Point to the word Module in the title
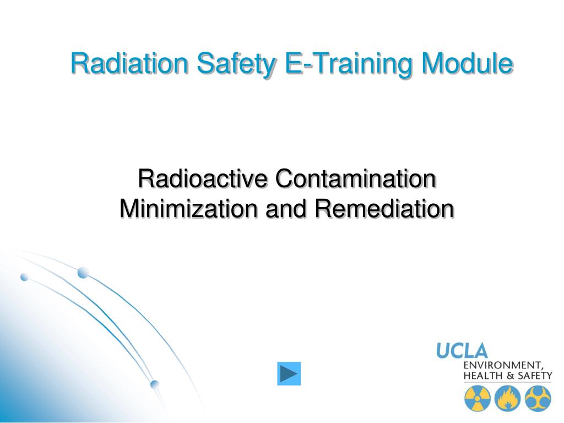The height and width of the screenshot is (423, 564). [467, 64]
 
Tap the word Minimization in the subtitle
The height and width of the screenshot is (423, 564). [189, 208]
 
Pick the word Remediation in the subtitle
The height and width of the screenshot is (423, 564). [385, 208]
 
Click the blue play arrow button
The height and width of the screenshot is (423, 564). [289, 373]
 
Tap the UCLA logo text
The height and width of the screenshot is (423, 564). [462, 350]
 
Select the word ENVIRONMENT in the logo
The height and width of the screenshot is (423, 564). [502, 365]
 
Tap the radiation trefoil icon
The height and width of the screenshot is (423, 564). [477, 398]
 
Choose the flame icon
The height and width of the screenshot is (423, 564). [507, 398]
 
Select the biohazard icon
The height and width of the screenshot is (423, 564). [537, 398]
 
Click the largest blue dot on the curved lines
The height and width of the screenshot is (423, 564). [83, 272]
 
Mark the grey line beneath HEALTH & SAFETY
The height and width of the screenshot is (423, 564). [507, 383]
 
